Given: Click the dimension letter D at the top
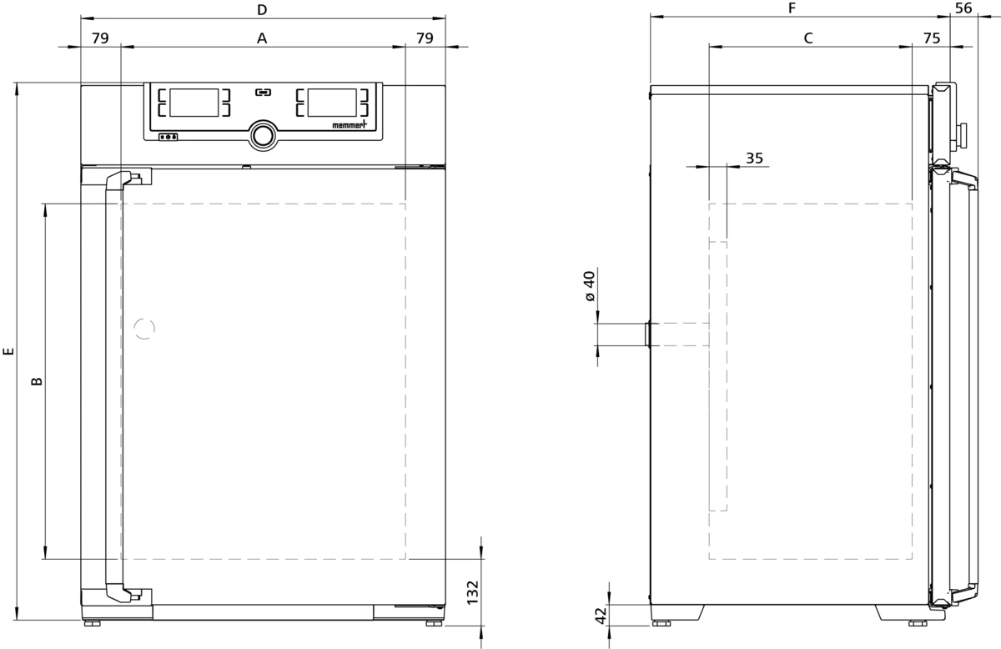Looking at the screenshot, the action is [262, 10].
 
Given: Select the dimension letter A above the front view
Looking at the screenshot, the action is [262, 38].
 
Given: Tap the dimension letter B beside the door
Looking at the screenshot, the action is [37, 381].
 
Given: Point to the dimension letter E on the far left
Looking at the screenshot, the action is [8, 352].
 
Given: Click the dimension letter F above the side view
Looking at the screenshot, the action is [792, 8].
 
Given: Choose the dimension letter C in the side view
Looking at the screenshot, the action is [808, 38].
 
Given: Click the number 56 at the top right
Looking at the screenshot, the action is [963, 8].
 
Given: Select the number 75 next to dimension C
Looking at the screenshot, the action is [932, 38].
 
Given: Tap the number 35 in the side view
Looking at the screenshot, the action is [754, 158].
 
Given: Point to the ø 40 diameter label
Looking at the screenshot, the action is [591, 286].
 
